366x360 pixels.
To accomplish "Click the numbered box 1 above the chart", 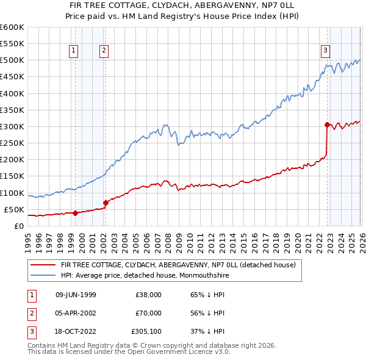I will pyautogui.click(x=73, y=51).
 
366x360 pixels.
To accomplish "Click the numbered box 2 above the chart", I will pyautogui.click(x=104, y=51).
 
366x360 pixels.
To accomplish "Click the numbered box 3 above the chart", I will pyautogui.click(x=326, y=51).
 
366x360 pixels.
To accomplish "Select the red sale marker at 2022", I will pyautogui.click(x=327, y=124).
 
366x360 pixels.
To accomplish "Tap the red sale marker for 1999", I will pyautogui.click(x=75, y=213).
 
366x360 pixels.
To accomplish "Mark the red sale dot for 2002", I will pyautogui.click(x=106, y=203).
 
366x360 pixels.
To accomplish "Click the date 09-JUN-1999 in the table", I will pyautogui.click(x=75, y=294).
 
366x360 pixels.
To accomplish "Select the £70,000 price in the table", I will pyautogui.click(x=148, y=313).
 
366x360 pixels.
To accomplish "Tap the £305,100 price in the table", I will pyautogui.click(x=146, y=332).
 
